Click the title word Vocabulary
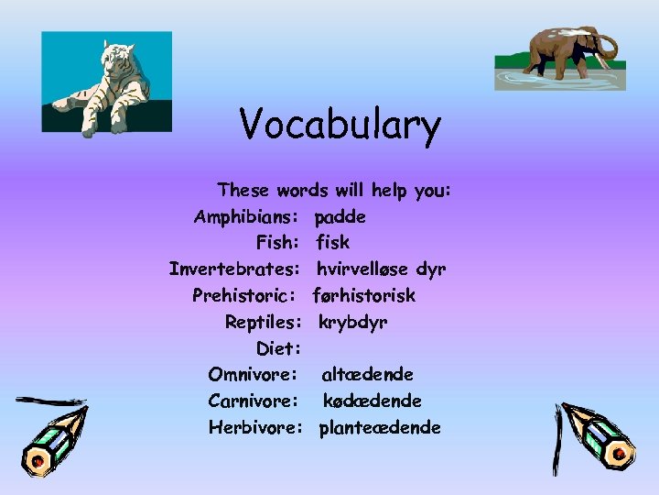click(x=340, y=126)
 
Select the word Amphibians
click(x=244, y=217)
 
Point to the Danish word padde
click(x=340, y=217)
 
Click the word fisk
click(x=332, y=243)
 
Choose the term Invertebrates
click(x=233, y=269)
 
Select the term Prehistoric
click(x=243, y=296)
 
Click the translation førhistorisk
click(x=363, y=296)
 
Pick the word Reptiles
click(x=263, y=323)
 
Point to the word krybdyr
click(x=353, y=323)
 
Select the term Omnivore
click(x=252, y=375)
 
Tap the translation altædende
click(x=367, y=375)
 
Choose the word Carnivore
click(x=252, y=401)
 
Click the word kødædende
click(x=372, y=401)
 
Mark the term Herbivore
click(x=254, y=427)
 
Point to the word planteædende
click(x=379, y=427)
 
